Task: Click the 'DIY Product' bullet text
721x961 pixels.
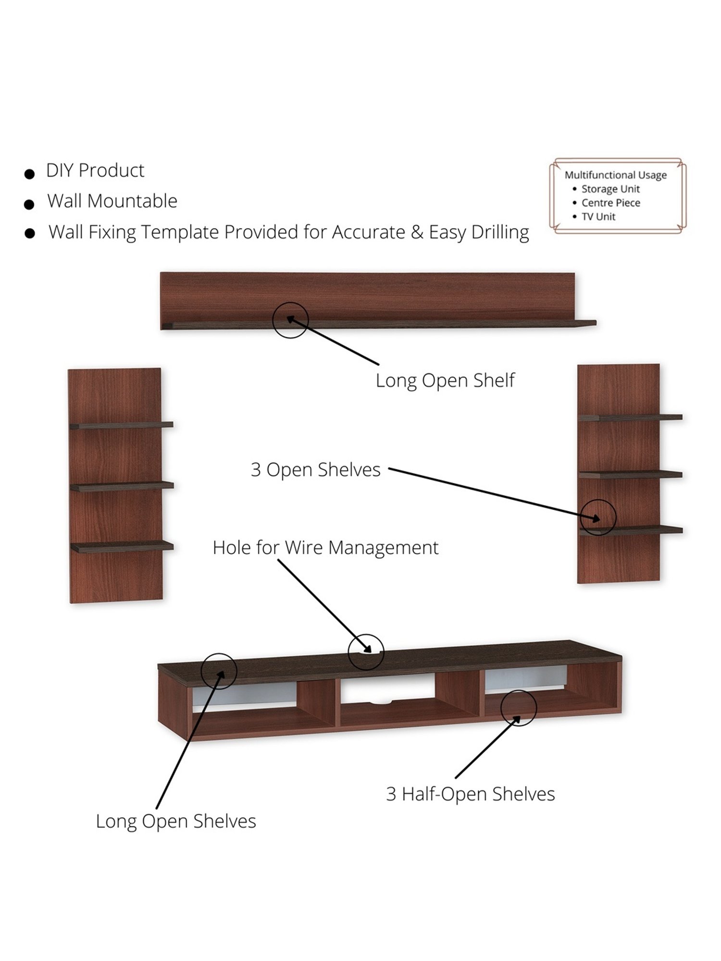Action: click(x=95, y=171)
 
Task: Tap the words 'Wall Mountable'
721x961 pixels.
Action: click(x=112, y=201)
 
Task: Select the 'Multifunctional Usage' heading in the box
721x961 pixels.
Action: click(x=615, y=175)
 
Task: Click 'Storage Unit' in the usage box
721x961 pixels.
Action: click(x=610, y=189)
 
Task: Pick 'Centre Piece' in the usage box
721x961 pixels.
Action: click(x=610, y=203)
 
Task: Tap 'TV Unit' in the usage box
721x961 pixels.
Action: click(x=598, y=217)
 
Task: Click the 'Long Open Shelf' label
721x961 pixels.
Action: click(x=445, y=381)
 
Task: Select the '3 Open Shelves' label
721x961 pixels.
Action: click(x=315, y=470)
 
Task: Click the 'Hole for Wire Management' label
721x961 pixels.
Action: click(x=325, y=548)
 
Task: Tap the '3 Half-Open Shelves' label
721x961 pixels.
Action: click(x=470, y=794)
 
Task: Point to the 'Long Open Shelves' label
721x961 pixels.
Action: click(x=176, y=821)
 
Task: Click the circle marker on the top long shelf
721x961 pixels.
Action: click(x=290, y=320)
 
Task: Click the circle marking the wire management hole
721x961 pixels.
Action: click(x=366, y=652)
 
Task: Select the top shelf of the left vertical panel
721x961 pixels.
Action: click(x=121, y=425)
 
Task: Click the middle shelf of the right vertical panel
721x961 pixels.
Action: click(x=630, y=474)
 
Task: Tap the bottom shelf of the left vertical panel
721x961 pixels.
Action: click(x=122, y=546)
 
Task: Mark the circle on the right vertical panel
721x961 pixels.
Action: click(x=598, y=517)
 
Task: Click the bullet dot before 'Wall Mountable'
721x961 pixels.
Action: click(x=29, y=204)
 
